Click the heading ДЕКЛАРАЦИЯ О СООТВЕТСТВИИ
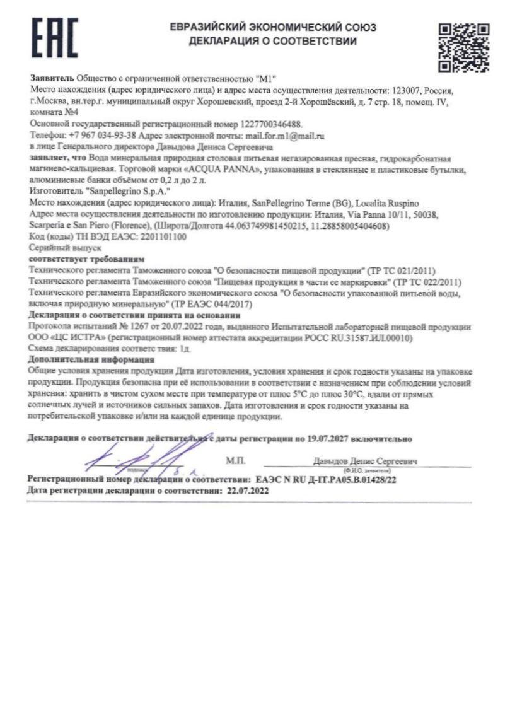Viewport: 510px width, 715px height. pos(272,42)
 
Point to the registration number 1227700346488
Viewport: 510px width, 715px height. pos(265,125)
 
